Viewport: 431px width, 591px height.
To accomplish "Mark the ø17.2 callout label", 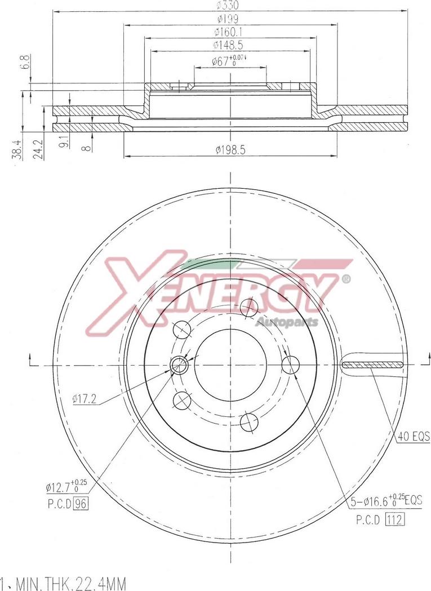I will click(85, 399).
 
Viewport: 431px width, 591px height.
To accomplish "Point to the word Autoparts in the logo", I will click(287, 322).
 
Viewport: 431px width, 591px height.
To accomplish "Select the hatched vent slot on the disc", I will click(372, 366).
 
